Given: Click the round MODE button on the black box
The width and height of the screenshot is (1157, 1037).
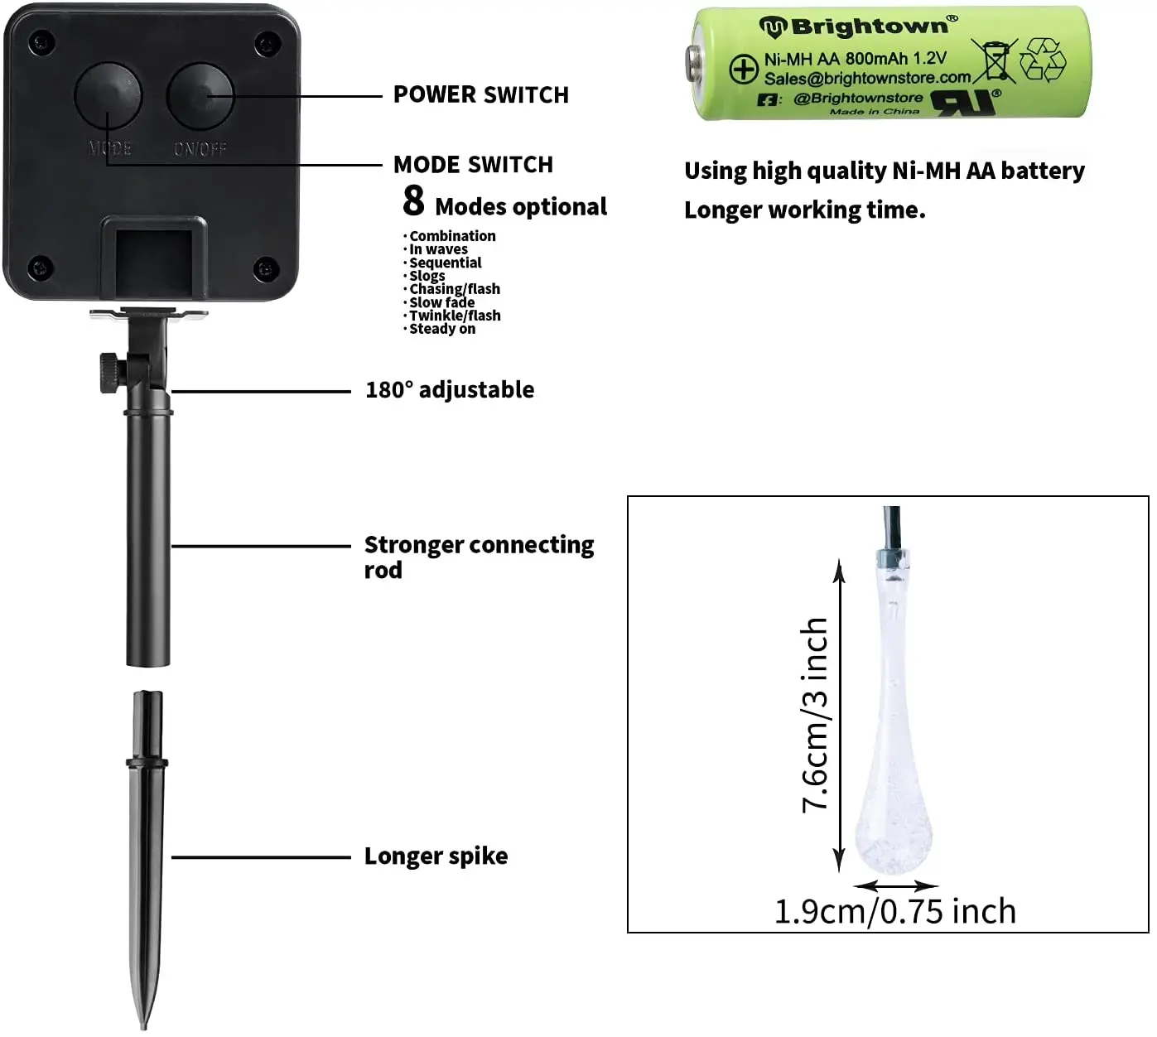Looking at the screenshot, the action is tap(108, 95).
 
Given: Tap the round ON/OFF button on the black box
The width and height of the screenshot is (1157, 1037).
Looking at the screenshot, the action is tap(200, 95).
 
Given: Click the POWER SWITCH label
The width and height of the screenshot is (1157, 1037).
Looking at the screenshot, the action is tap(480, 95).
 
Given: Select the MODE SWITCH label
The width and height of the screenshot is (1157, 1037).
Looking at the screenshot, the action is tap(473, 165).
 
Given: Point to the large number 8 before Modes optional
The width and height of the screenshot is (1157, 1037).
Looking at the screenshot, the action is tap(413, 200).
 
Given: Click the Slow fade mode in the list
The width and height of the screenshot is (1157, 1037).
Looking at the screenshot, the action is tap(441, 302).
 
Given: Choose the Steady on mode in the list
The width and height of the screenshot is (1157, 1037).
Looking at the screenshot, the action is tap(442, 329).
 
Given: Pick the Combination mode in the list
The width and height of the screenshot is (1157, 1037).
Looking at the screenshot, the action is tap(452, 236).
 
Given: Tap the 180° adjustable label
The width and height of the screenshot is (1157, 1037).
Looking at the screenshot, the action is tap(450, 390).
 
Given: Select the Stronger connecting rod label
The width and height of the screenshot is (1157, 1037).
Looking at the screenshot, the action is tap(479, 556).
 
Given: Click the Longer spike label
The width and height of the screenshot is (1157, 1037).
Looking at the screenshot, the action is tap(436, 856).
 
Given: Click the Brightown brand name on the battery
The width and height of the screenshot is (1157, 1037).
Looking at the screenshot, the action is tap(869, 27).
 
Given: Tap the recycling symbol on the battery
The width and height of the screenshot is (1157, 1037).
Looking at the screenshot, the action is tap(1042, 60).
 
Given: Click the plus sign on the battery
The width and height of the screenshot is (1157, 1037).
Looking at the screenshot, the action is tap(743, 70).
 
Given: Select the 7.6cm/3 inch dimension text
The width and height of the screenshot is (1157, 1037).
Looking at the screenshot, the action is tap(815, 715).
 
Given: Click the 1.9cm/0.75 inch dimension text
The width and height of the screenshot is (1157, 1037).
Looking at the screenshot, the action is tap(894, 911).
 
